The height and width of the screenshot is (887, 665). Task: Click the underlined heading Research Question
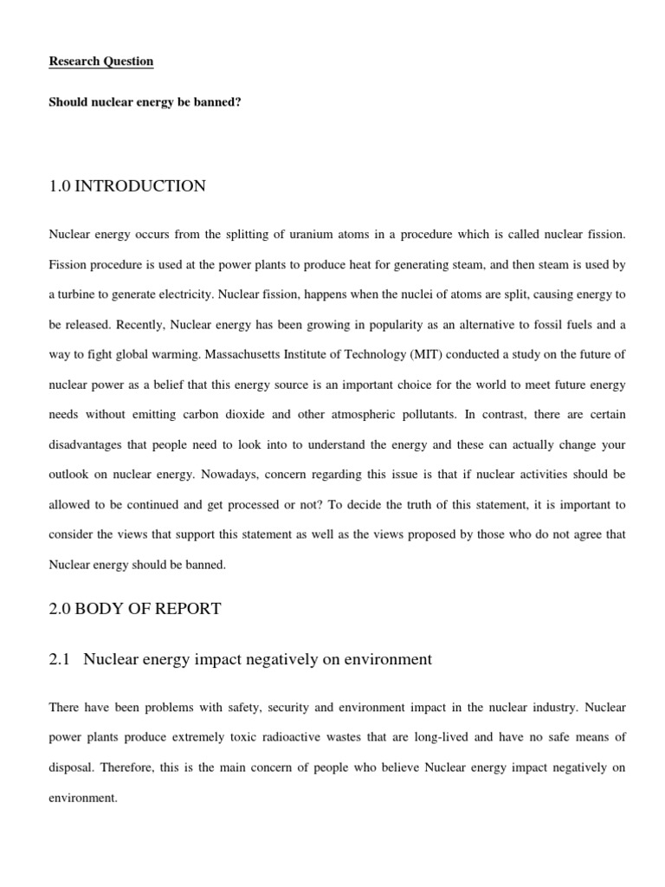[x=101, y=62]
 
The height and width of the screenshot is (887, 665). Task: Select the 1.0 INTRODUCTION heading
[x=127, y=186]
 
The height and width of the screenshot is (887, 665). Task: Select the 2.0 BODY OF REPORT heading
[x=135, y=609]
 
